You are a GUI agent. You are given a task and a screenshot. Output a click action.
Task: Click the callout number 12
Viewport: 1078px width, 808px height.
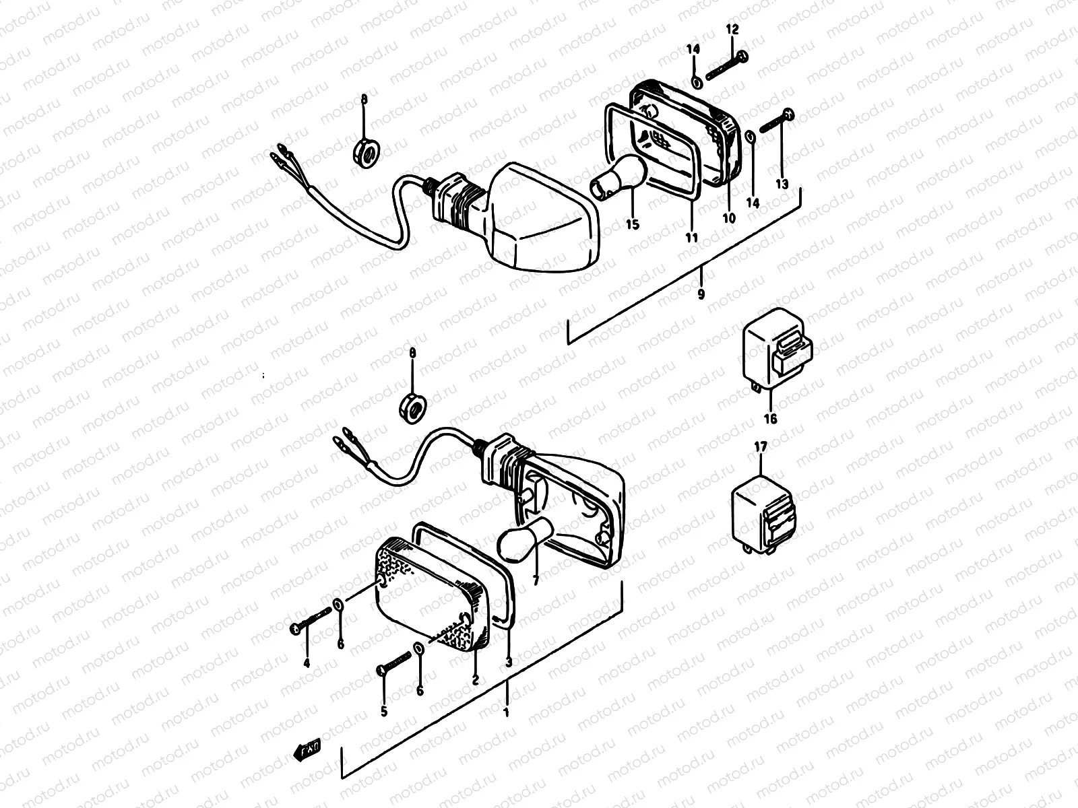(x=732, y=30)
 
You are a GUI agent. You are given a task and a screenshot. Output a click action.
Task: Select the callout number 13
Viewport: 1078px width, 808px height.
(x=781, y=184)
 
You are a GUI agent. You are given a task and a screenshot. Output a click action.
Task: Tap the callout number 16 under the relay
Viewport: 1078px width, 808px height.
(x=770, y=419)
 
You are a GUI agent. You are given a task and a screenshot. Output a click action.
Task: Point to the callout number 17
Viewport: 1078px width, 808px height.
(x=761, y=446)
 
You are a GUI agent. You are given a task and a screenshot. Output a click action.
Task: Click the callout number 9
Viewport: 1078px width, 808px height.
(x=701, y=294)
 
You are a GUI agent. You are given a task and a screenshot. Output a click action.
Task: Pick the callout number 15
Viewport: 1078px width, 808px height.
(x=632, y=225)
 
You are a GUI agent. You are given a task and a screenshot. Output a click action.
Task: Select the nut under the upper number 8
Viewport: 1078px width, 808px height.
(x=365, y=151)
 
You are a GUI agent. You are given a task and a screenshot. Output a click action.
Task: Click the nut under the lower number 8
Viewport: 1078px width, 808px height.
(x=412, y=405)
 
